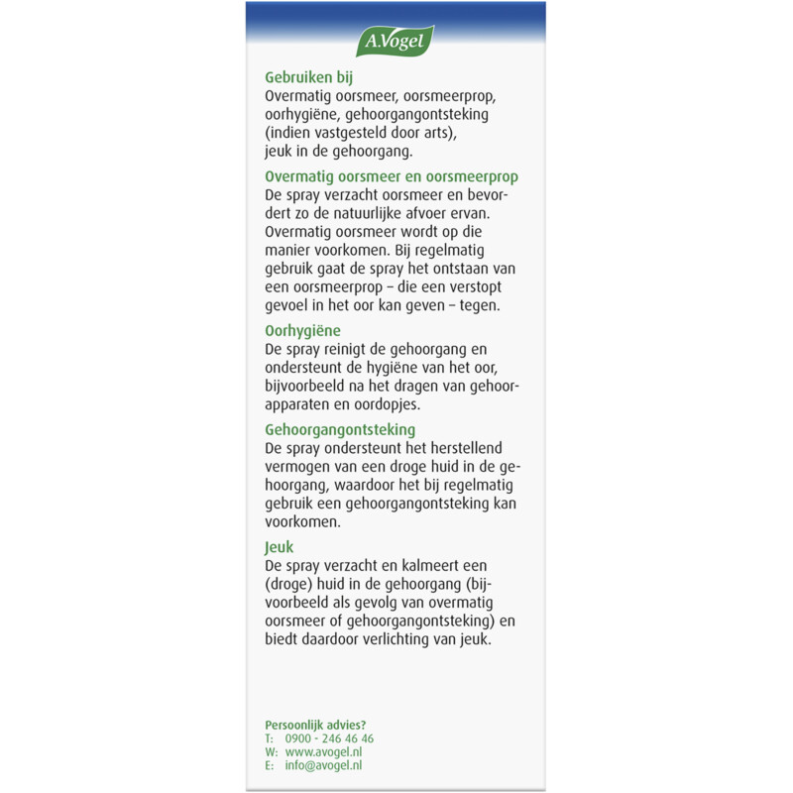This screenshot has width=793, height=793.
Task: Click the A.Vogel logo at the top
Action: click(396, 41)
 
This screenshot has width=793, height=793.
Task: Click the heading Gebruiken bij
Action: click(310, 77)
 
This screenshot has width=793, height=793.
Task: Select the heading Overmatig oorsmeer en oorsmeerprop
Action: click(392, 176)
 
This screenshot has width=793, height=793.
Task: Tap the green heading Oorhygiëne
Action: click(302, 331)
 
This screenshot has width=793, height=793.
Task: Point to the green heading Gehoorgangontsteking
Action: click(340, 429)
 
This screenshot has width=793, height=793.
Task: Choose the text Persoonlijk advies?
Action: click(315, 725)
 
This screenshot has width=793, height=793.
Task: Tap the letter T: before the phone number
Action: click(269, 738)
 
